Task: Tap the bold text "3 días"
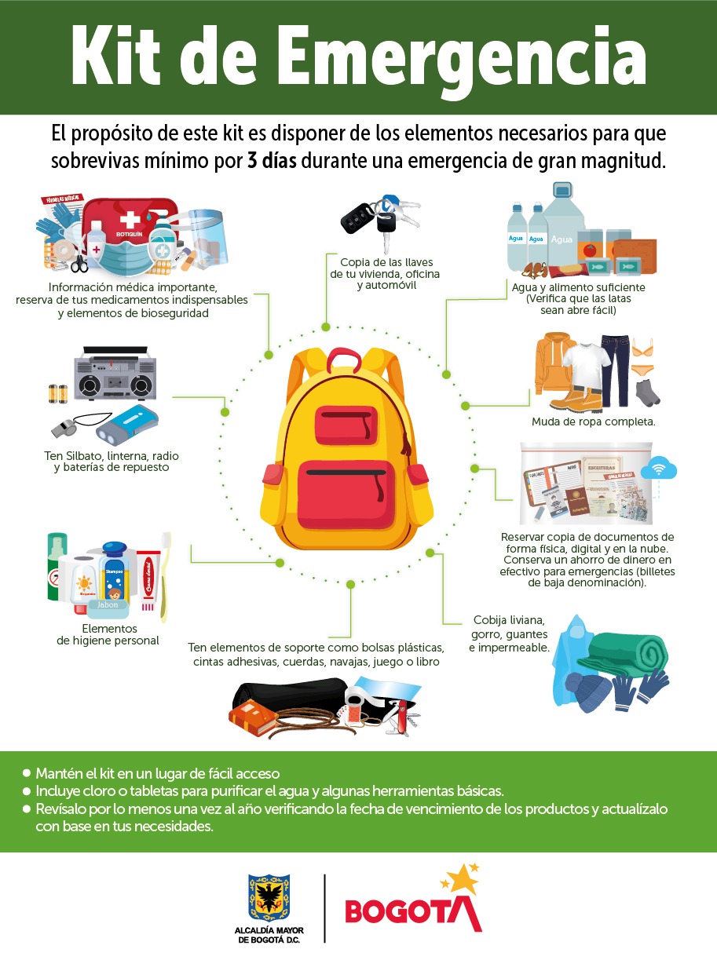click(x=273, y=161)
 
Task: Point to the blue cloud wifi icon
click(x=658, y=470)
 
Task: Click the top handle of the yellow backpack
click(x=341, y=360)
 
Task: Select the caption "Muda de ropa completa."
click(x=593, y=422)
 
